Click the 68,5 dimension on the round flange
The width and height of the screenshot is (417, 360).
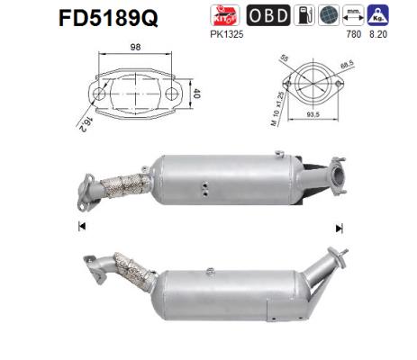click(338, 67)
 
